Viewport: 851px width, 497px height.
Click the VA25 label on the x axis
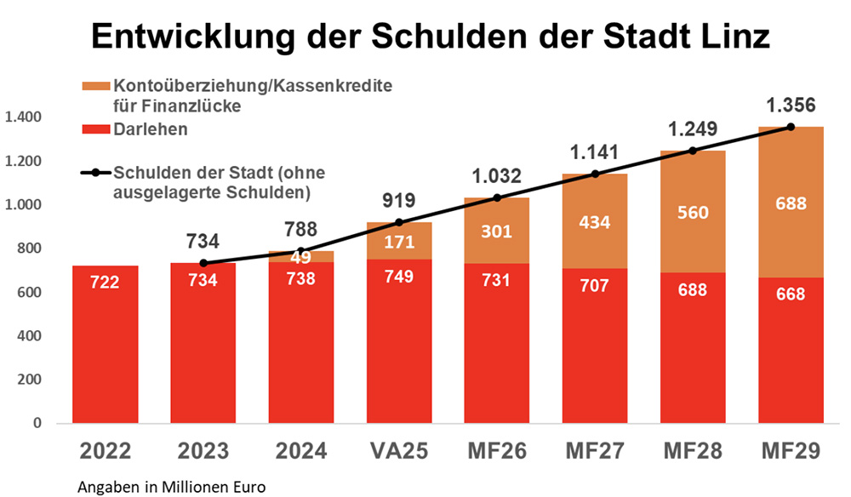[x=398, y=450]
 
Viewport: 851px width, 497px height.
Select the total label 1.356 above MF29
[x=791, y=106]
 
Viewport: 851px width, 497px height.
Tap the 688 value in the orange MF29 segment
[x=791, y=204]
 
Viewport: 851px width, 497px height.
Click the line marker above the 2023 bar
[x=203, y=263]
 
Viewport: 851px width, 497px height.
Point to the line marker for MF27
[x=595, y=174]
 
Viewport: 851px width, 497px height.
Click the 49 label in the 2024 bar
[x=301, y=256]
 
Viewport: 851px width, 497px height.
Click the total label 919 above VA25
[x=398, y=202]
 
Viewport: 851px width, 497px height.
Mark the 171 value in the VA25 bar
[x=398, y=242]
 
